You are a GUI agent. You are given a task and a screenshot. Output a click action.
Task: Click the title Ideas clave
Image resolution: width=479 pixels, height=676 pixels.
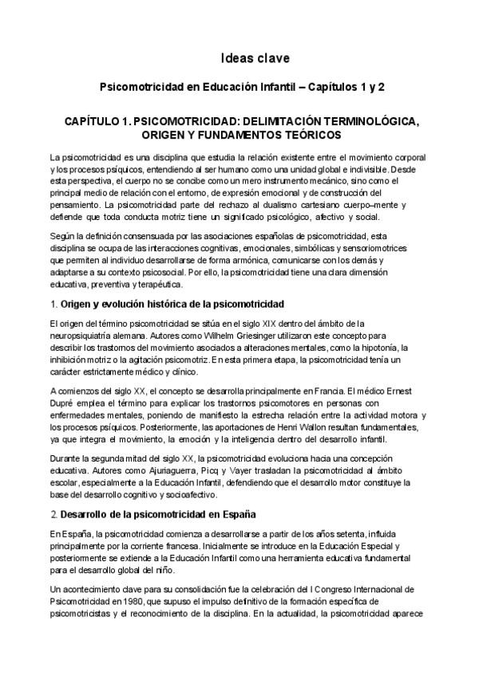(x=255, y=58)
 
